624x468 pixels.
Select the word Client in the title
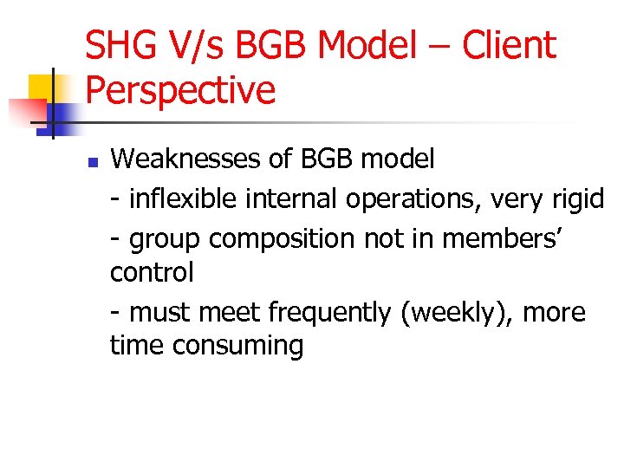509,45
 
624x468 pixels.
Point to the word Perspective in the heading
180,89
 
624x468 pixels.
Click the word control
152,273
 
